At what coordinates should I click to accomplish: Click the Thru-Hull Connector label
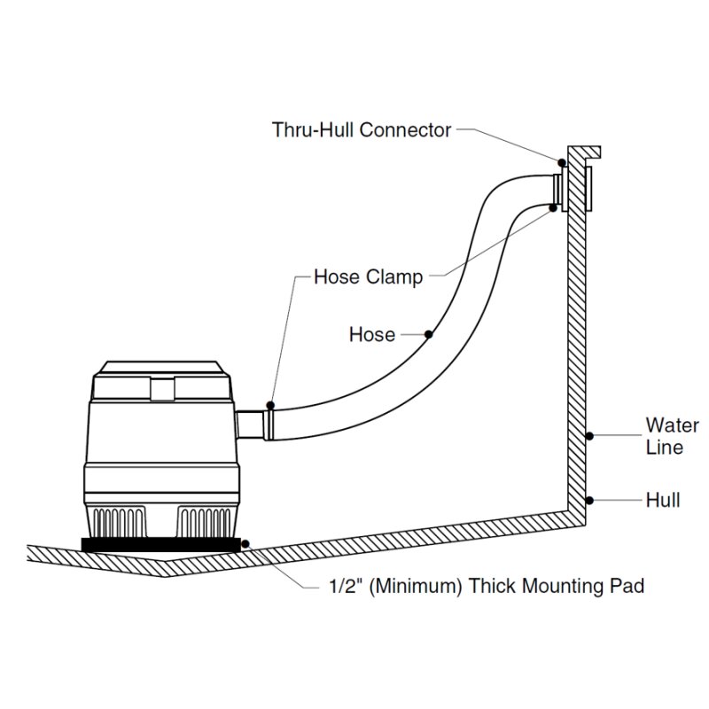[362, 130]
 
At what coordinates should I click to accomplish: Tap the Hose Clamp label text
[369, 277]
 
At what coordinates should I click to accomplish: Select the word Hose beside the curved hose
[372, 335]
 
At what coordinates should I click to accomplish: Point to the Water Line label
[673, 436]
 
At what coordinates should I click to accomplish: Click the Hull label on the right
[663, 500]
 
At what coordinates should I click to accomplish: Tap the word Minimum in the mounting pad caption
[416, 586]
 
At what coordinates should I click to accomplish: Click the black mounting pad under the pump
[161, 544]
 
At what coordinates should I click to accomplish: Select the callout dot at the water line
[589, 436]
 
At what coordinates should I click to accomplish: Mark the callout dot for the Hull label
[589, 500]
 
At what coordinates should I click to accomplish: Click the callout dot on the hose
[429, 334]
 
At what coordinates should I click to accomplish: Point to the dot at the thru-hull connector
[562, 163]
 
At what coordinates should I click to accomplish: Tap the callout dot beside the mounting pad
[245, 543]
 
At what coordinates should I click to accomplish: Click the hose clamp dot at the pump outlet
[270, 405]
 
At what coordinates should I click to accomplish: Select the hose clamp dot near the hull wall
[552, 207]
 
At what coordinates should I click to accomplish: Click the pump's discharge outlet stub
[250, 425]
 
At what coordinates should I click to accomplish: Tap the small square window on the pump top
[162, 390]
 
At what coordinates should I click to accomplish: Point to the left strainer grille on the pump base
[120, 522]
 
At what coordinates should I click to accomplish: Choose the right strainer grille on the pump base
[204, 522]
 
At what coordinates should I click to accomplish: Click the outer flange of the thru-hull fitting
[588, 189]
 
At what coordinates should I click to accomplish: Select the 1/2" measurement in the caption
[346, 586]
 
